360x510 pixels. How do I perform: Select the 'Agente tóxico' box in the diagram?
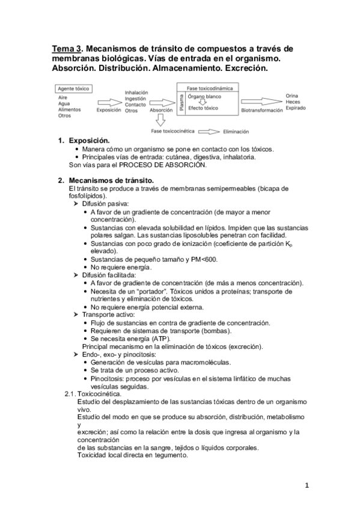(x=73, y=88)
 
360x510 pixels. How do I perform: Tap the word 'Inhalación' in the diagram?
(x=136, y=92)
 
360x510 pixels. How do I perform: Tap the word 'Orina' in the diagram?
(x=292, y=96)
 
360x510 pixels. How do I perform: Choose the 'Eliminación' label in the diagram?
(x=236, y=131)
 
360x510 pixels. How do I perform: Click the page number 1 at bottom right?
(x=306, y=485)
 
